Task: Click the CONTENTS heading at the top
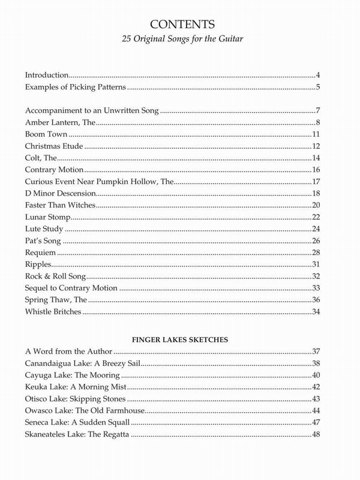coord(179,26)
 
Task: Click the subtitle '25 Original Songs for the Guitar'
coord(179,43)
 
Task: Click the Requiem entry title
coord(40,253)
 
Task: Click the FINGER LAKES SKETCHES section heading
coord(179,339)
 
